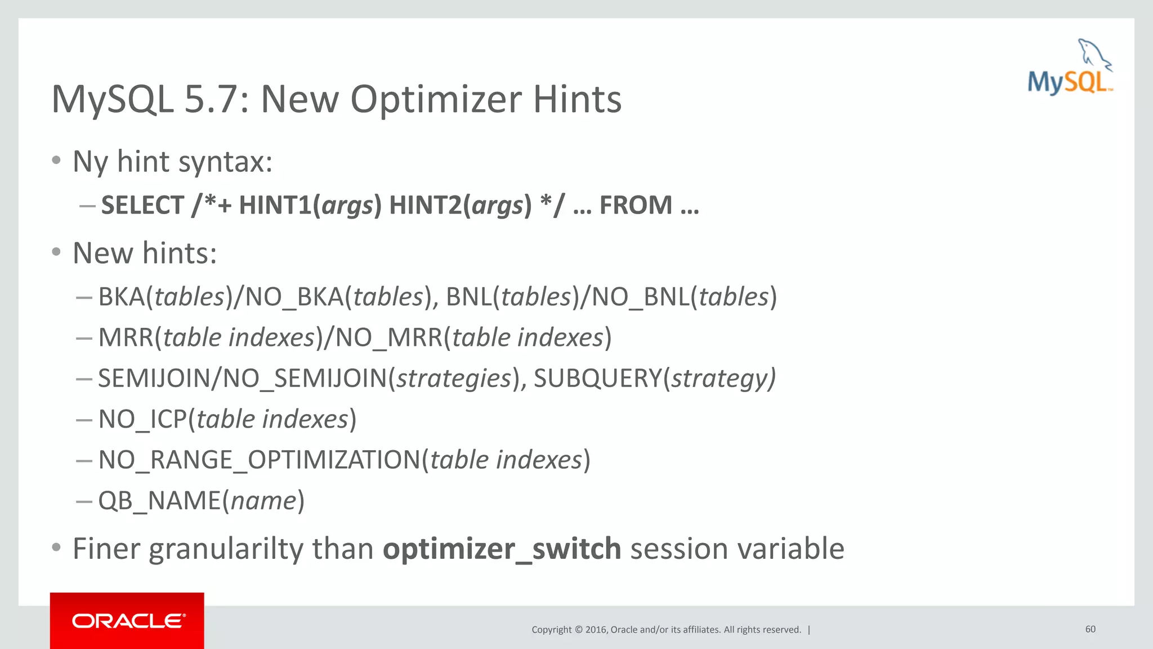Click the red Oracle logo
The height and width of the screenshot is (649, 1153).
click(x=127, y=621)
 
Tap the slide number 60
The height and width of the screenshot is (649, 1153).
click(x=1090, y=629)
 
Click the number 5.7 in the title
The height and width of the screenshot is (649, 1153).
click(x=216, y=100)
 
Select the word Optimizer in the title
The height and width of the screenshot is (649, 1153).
click(x=436, y=100)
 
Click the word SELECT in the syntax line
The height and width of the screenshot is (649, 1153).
click(x=142, y=205)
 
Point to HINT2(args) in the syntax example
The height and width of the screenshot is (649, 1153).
click(x=460, y=205)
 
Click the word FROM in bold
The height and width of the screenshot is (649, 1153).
click(x=636, y=205)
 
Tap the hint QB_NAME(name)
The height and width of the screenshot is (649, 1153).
click(x=201, y=500)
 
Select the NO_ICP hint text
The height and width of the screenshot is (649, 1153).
click(x=142, y=419)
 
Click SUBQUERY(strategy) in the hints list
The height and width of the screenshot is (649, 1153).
click(x=654, y=378)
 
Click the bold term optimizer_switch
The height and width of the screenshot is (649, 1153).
click(x=502, y=549)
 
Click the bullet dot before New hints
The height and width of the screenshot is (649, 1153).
click(x=56, y=252)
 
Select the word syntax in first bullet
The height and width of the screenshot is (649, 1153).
click(x=225, y=162)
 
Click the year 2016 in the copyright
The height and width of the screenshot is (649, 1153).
click(x=596, y=630)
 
